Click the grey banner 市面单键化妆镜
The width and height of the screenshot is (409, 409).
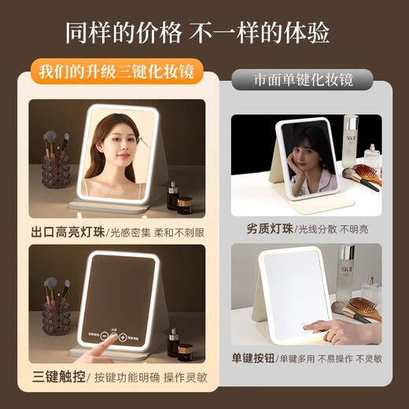[x=303, y=80]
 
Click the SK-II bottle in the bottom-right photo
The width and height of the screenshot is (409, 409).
[x=346, y=271]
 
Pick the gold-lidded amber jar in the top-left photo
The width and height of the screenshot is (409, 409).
[x=185, y=204]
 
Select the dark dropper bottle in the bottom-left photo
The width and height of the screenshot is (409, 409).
[x=172, y=342]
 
